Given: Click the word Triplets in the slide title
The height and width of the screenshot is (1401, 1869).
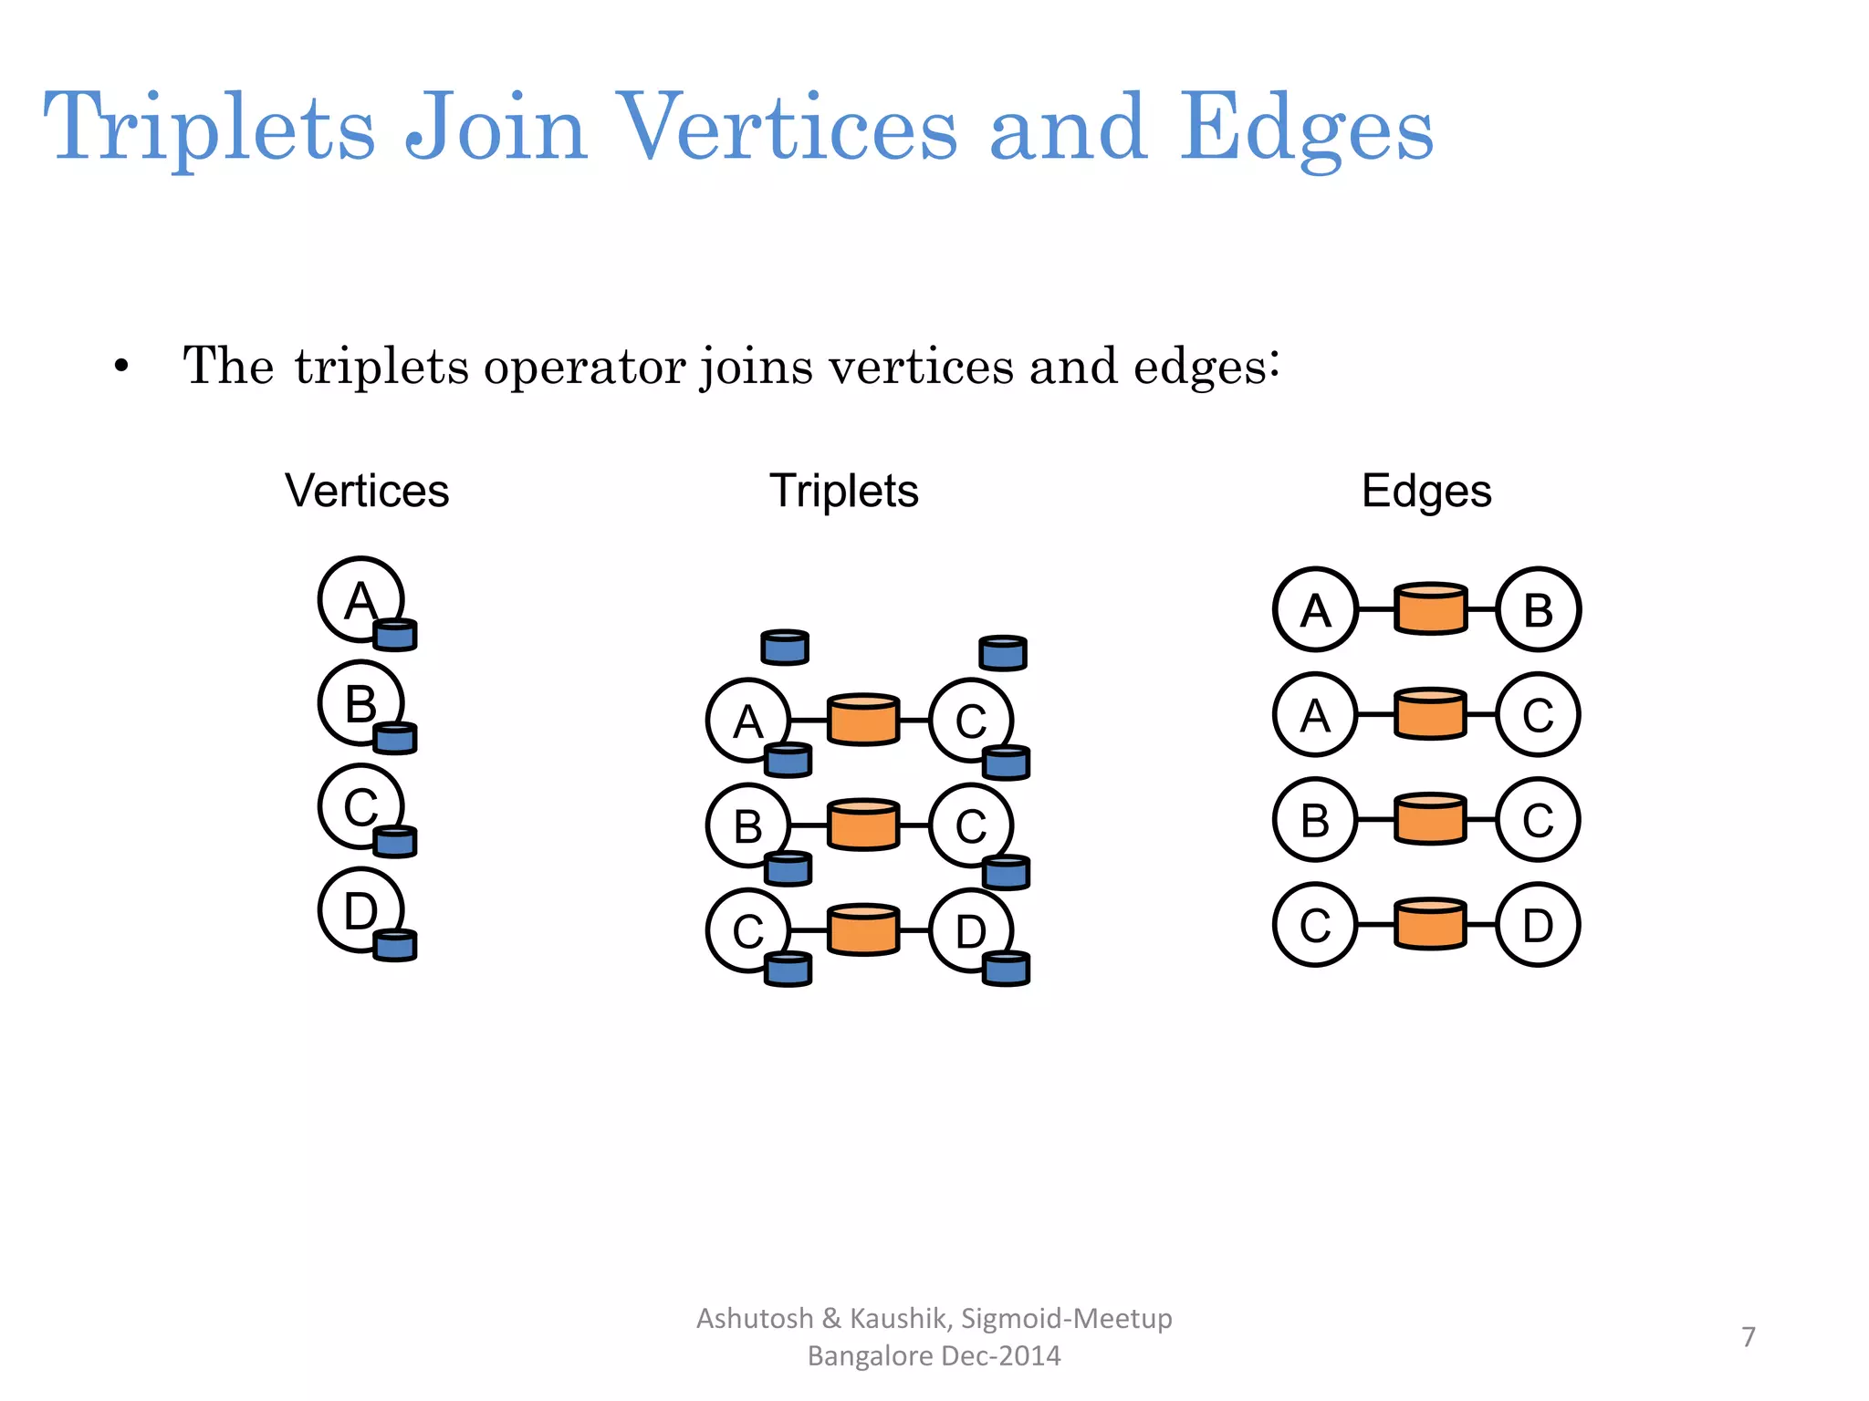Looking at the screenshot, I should pos(209,128).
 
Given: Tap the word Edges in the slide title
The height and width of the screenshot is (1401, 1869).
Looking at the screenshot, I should pos(1306,128).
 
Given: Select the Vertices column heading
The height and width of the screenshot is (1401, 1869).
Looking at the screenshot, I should pos(367,491).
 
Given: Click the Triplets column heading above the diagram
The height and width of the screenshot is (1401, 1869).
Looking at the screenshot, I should pos(843,491).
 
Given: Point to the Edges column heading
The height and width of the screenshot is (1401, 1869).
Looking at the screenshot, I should pos(1425,491).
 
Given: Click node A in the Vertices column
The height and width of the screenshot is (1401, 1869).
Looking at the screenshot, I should pos(360,599).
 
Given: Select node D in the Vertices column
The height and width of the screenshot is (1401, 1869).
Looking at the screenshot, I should pos(360,909).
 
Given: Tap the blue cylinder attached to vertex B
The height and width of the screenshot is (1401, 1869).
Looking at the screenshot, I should pos(396,737).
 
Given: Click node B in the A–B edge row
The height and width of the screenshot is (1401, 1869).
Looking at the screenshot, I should pos(1538,609).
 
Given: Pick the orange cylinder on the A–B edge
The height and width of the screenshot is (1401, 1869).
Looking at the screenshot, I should pos(1431,608).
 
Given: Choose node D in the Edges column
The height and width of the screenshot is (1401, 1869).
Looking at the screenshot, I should pos(1538,925).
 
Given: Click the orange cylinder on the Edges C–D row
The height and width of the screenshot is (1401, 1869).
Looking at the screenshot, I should pos(1431,924).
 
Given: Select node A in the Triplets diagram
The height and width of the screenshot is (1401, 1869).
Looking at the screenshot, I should pos(747,721).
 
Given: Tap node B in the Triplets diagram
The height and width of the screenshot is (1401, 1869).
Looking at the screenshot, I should pos(747,825).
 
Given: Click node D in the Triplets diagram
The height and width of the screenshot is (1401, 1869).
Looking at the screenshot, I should pos(969,930).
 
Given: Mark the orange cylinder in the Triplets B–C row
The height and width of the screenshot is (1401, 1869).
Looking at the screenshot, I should pos(863,825).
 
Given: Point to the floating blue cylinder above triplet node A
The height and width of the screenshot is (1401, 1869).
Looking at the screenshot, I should pos(785,647).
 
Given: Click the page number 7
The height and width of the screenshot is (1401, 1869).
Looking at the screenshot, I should pos(1749,1336).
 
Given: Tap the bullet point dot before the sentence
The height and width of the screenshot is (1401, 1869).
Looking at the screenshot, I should pos(121,368).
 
